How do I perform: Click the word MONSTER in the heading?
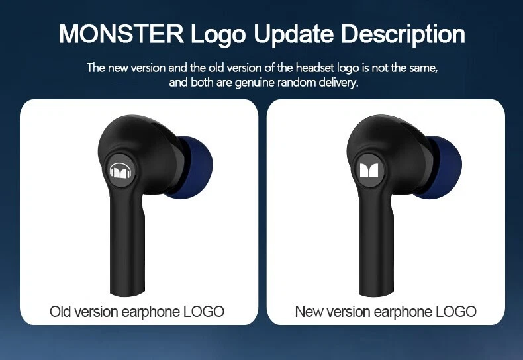click(x=121, y=34)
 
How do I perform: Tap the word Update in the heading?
click(x=293, y=34)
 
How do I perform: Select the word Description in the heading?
click(x=403, y=34)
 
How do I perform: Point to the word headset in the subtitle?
click(x=315, y=67)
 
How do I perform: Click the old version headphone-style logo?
click(x=120, y=171)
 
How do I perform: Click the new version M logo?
click(x=369, y=171)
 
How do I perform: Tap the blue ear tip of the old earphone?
click(x=195, y=167)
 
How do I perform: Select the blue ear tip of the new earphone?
click(x=444, y=167)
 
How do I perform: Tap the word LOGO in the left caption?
click(x=204, y=312)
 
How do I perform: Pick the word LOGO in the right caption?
click(x=456, y=312)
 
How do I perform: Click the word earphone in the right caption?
click(x=403, y=312)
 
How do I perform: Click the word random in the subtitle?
click(x=296, y=82)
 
